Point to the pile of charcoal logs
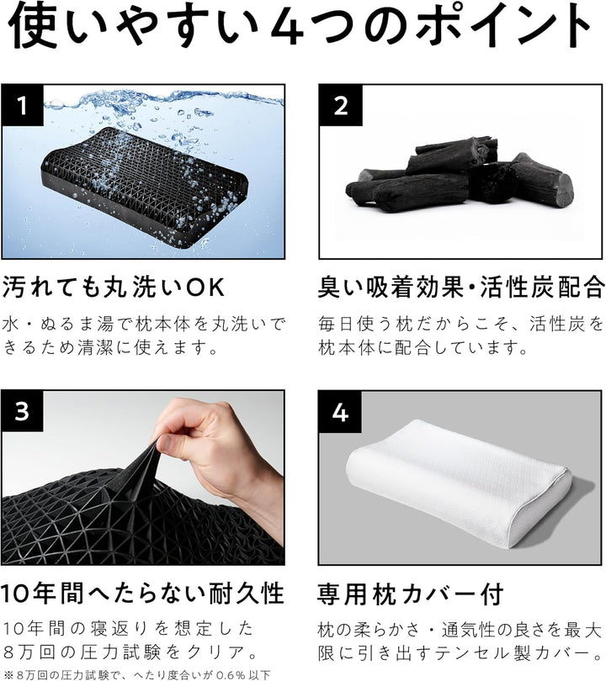tap(459, 177)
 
